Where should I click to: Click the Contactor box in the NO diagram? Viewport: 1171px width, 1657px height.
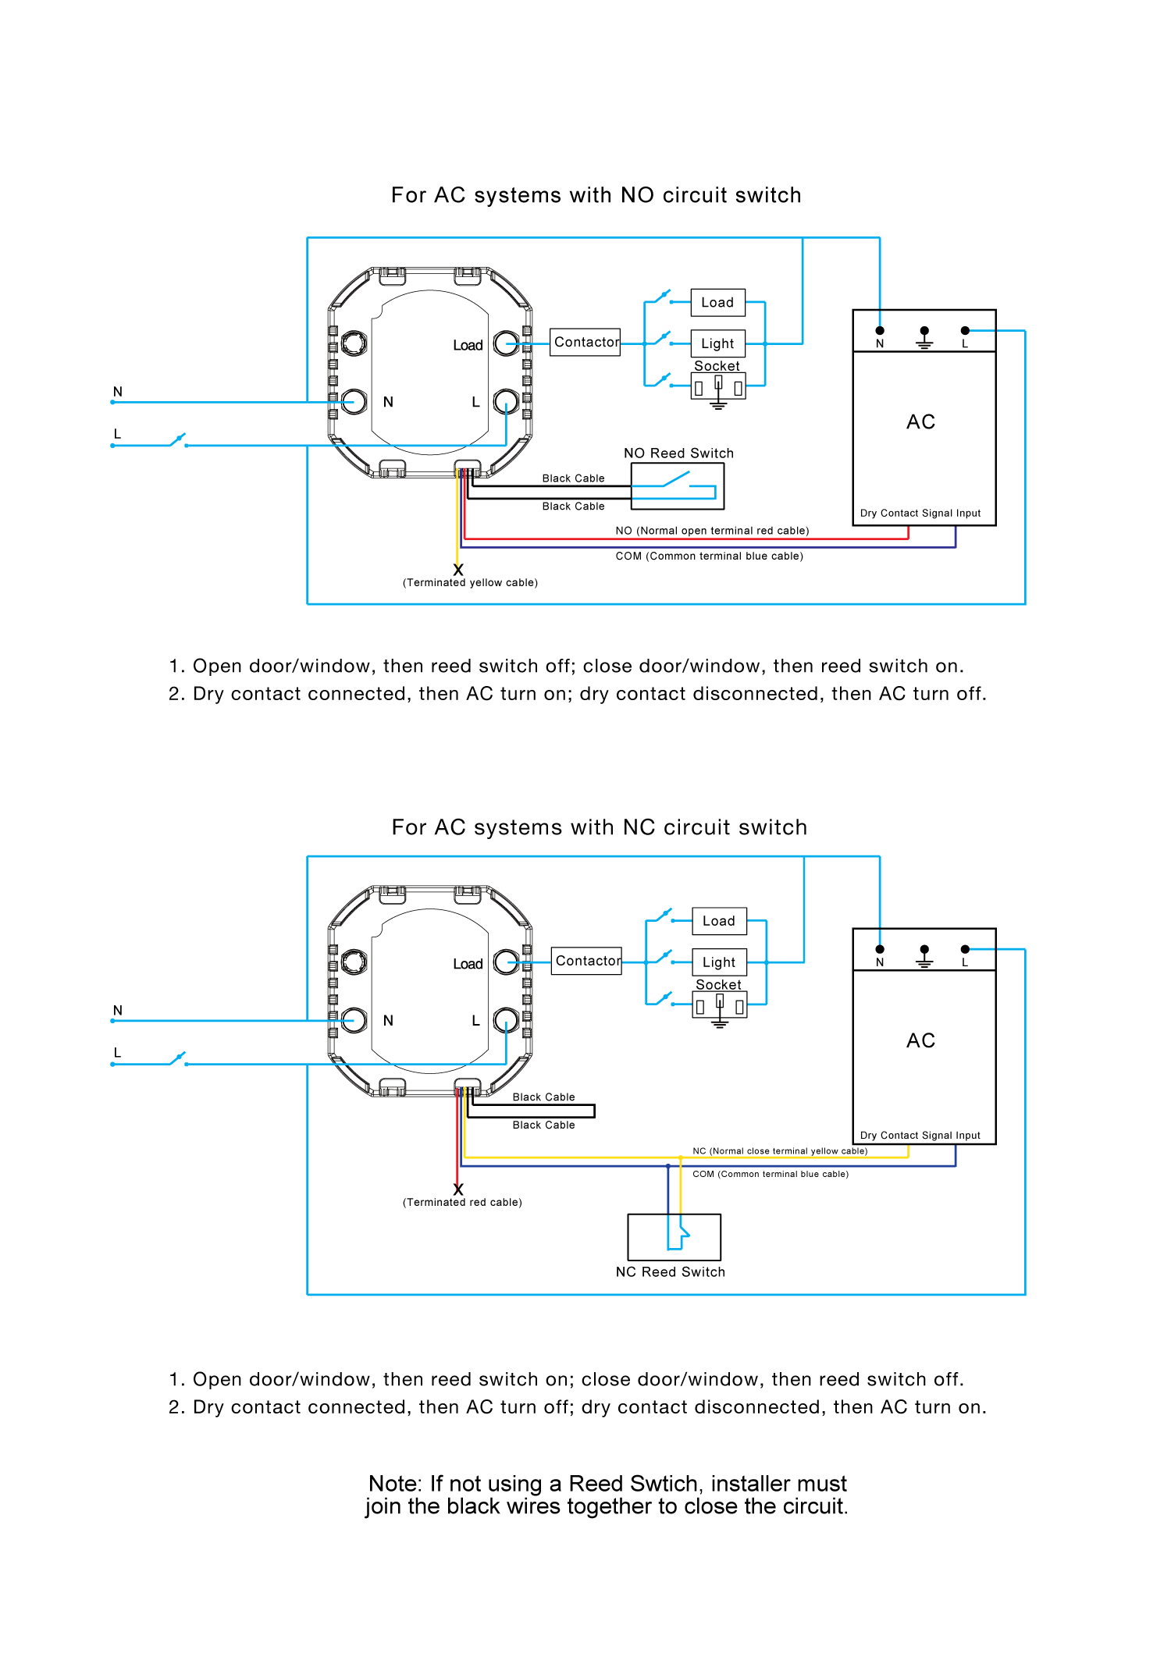tap(585, 342)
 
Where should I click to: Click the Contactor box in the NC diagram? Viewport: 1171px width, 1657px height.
tap(586, 961)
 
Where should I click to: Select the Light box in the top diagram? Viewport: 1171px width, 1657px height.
tap(717, 343)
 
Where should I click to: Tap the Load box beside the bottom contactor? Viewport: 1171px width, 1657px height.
tap(719, 921)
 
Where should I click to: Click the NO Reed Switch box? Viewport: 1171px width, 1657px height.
tap(677, 486)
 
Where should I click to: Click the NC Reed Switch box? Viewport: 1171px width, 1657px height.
tap(674, 1237)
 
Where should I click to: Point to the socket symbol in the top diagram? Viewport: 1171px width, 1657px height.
tap(718, 387)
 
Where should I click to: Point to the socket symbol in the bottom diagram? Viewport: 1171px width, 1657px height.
tap(720, 1006)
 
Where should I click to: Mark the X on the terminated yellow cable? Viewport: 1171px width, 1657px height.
tap(458, 570)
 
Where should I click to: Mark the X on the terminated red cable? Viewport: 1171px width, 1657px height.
tap(458, 1189)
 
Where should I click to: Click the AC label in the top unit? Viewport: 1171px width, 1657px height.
tap(920, 422)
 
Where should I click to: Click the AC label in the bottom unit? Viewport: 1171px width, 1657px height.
tap(920, 1041)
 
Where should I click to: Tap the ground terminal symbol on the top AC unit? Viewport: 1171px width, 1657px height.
tap(924, 337)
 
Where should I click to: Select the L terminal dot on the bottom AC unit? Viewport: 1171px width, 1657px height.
tap(965, 949)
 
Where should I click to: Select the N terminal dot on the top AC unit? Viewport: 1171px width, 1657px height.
tap(880, 331)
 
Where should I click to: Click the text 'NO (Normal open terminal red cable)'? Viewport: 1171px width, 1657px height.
tap(712, 531)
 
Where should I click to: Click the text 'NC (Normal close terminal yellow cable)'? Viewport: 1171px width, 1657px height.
tap(780, 1151)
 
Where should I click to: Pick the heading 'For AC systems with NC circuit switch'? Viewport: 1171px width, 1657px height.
tap(599, 827)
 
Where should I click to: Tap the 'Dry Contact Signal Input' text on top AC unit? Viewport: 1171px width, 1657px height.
tap(920, 514)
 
